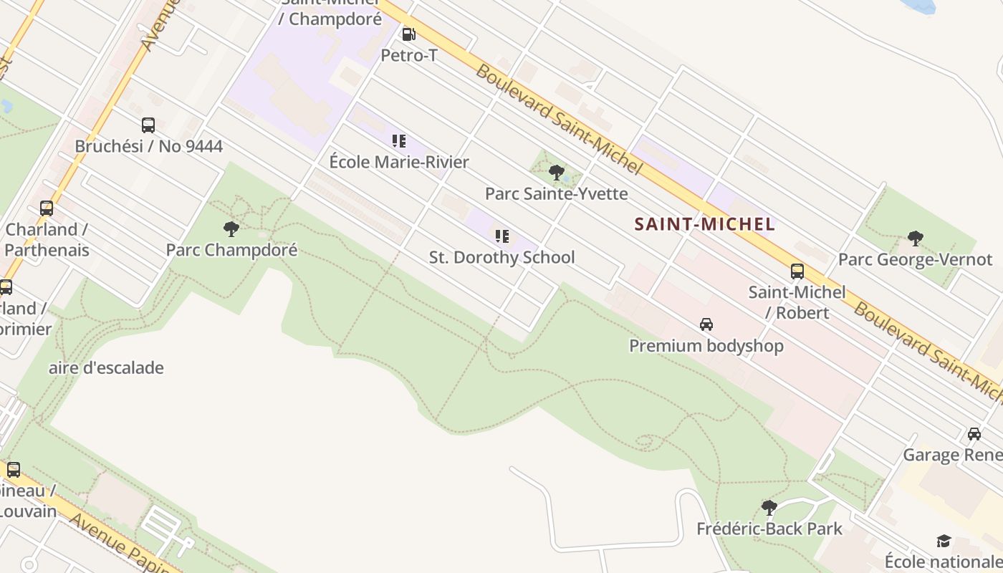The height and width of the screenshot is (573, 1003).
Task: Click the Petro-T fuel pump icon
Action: tap(408, 34)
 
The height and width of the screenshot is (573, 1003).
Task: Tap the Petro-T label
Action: tap(408, 55)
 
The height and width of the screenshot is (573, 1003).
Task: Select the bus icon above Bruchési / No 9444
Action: tap(148, 125)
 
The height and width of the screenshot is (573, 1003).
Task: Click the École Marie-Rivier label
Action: tap(399, 162)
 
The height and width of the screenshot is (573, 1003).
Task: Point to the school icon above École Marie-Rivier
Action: tap(399, 141)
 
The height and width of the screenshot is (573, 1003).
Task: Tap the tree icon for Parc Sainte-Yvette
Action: tap(556, 173)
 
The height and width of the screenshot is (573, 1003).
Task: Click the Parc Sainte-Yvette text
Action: tap(556, 193)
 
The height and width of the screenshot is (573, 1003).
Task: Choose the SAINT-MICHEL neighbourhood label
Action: tap(705, 224)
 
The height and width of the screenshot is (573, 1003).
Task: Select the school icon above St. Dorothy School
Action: tap(502, 236)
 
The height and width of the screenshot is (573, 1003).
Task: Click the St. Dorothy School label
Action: tap(501, 257)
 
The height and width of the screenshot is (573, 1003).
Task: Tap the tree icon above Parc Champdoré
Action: tap(231, 229)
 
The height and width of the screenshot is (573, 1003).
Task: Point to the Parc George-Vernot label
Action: tap(915, 259)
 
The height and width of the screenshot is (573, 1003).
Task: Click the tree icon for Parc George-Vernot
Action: tap(915, 239)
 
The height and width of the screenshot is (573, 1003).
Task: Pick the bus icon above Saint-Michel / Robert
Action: tap(797, 271)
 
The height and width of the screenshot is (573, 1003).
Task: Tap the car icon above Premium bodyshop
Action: tap(706, 324)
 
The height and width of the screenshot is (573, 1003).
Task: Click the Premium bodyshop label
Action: tap(706, 346)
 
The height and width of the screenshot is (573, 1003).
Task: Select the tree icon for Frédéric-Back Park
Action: tap(769, 508)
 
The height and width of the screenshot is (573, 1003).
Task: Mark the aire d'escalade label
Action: tap(106, 368)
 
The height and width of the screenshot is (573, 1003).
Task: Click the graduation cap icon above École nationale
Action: tap(944, 541)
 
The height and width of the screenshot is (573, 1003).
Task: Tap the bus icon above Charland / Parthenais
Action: tap(47, 208)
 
